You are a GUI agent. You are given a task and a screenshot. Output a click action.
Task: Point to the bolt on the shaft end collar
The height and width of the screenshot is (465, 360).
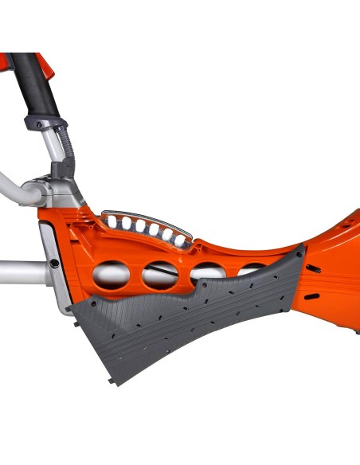pos(53,262)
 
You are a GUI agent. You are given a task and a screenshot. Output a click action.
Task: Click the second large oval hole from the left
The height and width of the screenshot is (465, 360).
pos(159,275)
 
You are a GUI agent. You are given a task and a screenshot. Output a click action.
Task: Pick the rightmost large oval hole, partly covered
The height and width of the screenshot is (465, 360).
pos(253,269)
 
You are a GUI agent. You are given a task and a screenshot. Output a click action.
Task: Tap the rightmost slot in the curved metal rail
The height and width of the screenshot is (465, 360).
pos(180,236)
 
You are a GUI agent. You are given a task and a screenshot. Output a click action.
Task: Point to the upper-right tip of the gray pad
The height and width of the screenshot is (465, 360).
pos(302,249)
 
